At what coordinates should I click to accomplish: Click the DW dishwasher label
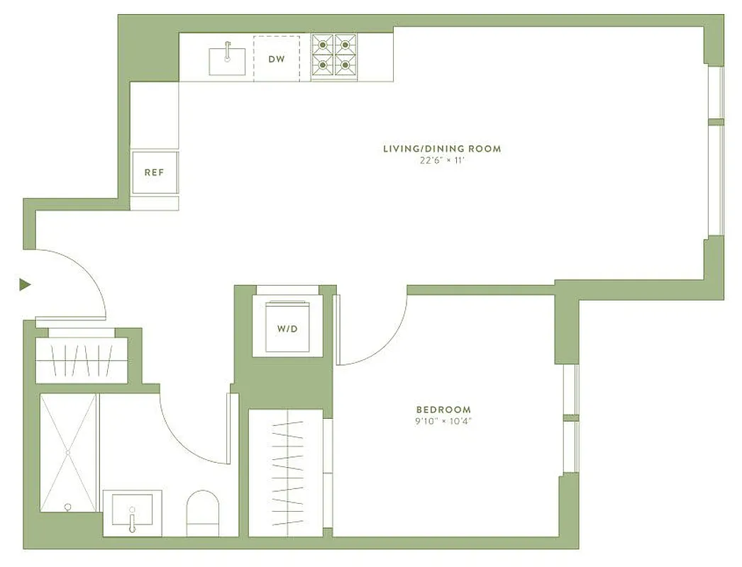tap(277, 59)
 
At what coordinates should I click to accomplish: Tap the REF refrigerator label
tap(154, 172)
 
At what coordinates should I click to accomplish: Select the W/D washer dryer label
tap(287, 329)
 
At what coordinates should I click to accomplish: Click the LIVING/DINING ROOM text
tap(442, 149)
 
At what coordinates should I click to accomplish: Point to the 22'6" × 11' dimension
tap(442, 161)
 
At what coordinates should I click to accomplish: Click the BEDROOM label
tap(443, 410)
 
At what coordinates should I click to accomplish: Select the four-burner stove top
tap(334, 55)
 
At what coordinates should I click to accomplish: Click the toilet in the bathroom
tap(204, 513)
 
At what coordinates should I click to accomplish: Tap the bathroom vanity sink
tap(132, 512)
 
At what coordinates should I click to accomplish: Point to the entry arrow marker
tap(26, 285)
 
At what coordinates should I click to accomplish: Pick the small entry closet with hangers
tap(82, 360)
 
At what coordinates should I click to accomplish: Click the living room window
tap(716, 151)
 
